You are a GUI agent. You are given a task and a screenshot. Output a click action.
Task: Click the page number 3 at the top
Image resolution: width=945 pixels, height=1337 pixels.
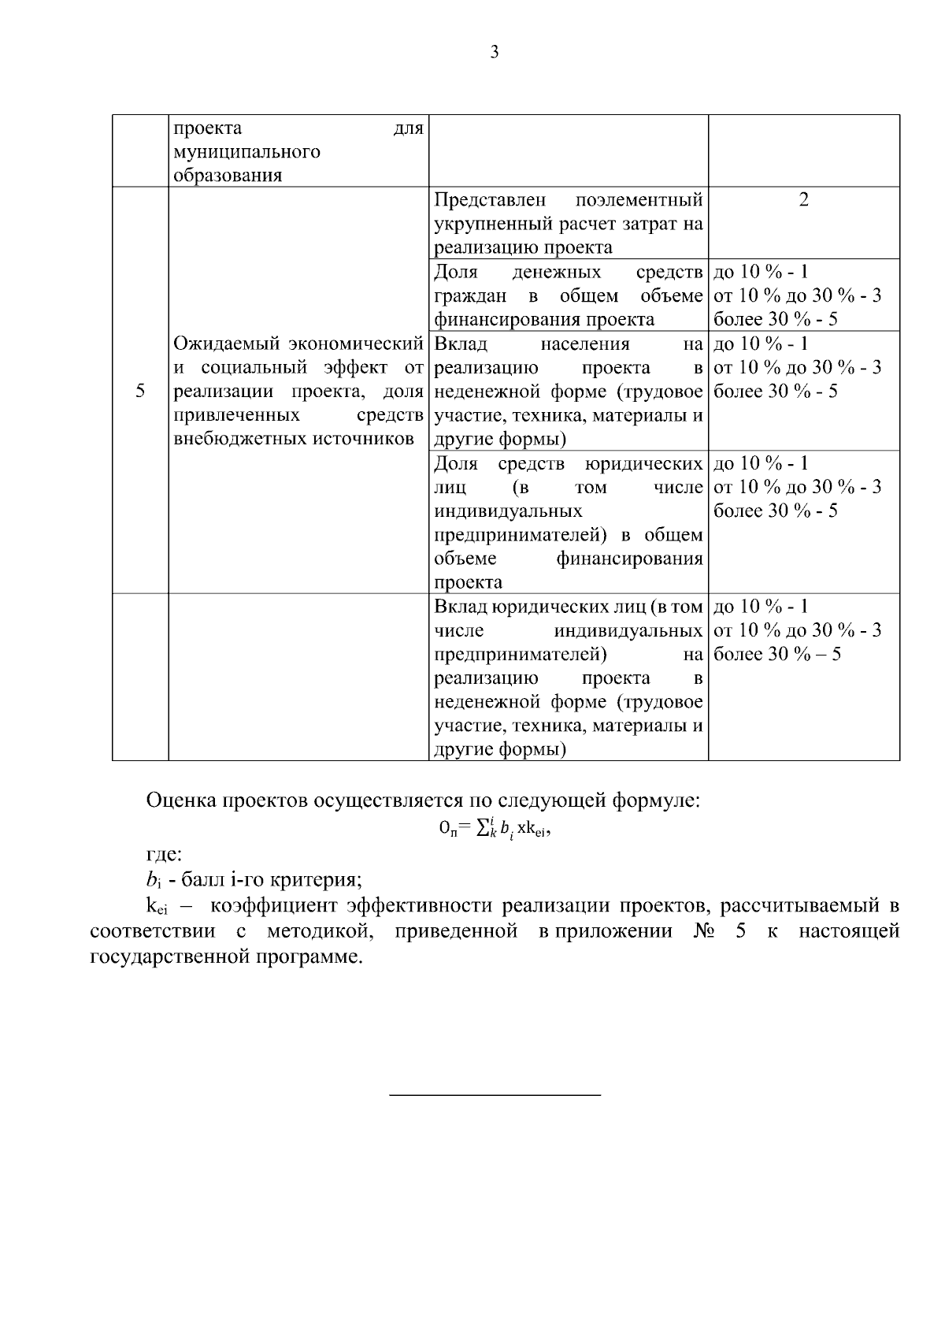495,53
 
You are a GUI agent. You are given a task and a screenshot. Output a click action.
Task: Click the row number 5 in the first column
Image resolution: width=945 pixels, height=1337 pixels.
140,391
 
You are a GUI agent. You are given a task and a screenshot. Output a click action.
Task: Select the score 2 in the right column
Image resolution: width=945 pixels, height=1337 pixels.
803,200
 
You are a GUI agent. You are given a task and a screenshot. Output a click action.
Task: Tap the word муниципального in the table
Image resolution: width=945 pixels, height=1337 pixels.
246,151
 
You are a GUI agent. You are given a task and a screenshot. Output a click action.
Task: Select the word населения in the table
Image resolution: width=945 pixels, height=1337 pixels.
585,344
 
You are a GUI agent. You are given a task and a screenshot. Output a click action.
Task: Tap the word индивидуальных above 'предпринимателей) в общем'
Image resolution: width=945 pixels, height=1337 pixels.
508,511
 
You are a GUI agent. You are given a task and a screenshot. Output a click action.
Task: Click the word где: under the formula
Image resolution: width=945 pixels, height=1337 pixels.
164,854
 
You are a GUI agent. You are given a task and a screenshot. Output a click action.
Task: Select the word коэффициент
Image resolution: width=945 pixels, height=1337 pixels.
272,907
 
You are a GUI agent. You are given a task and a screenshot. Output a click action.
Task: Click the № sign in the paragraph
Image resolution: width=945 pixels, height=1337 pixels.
702,931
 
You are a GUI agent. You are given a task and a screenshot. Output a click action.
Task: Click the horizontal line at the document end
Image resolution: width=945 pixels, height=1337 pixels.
495,1094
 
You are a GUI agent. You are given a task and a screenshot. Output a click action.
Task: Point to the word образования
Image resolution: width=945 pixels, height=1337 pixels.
228,176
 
